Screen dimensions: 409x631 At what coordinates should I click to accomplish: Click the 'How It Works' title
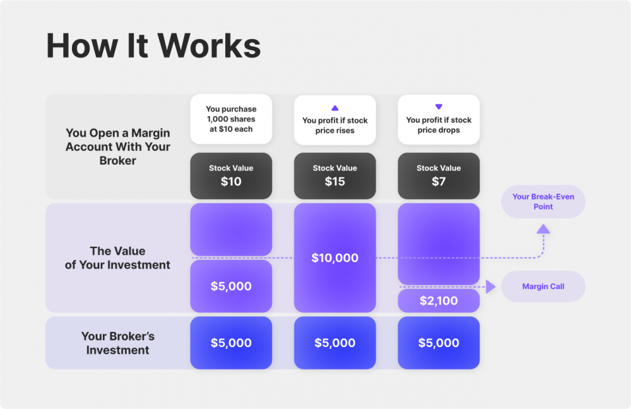click(x=153, y=46)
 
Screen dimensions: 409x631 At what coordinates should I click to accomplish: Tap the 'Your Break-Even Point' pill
click(x=543, y=202)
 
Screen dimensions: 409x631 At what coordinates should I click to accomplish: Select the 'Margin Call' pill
click(x=543, y=287)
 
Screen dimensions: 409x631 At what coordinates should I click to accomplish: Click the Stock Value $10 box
click(x=231, y=176)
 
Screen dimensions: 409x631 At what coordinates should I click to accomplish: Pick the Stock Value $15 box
click(x=334, y=176)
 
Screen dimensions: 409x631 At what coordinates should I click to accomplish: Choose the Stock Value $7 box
click(x=439, y=176)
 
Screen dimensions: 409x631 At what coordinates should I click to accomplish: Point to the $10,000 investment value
click(x=334, y=258)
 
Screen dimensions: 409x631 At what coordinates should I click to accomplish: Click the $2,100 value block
click(x=439, y=301)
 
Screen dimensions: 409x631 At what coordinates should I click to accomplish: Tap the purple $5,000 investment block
click(x=231, y=287)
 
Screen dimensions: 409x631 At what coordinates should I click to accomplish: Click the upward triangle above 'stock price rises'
click(x=335, y=108)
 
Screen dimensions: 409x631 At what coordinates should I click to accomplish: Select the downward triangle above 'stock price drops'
click(x=439, y=107)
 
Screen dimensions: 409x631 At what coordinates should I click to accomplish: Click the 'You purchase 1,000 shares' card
click(x=231, y=119)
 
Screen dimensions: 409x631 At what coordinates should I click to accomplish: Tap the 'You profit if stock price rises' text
click(x=335, y=126)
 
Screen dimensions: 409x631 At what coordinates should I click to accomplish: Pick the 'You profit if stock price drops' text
click(x=439, y=125)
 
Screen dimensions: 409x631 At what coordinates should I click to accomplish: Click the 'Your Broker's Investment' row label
click(x=117, y=343)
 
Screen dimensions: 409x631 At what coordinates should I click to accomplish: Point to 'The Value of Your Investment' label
click(x=117, y=258)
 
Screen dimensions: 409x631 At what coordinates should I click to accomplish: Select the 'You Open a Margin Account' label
click(x=117, y=147)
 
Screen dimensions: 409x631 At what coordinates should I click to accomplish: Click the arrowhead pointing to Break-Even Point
click(x=543, y=229)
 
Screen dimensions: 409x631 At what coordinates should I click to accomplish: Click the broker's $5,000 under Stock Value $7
click(x=439, y=343)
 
